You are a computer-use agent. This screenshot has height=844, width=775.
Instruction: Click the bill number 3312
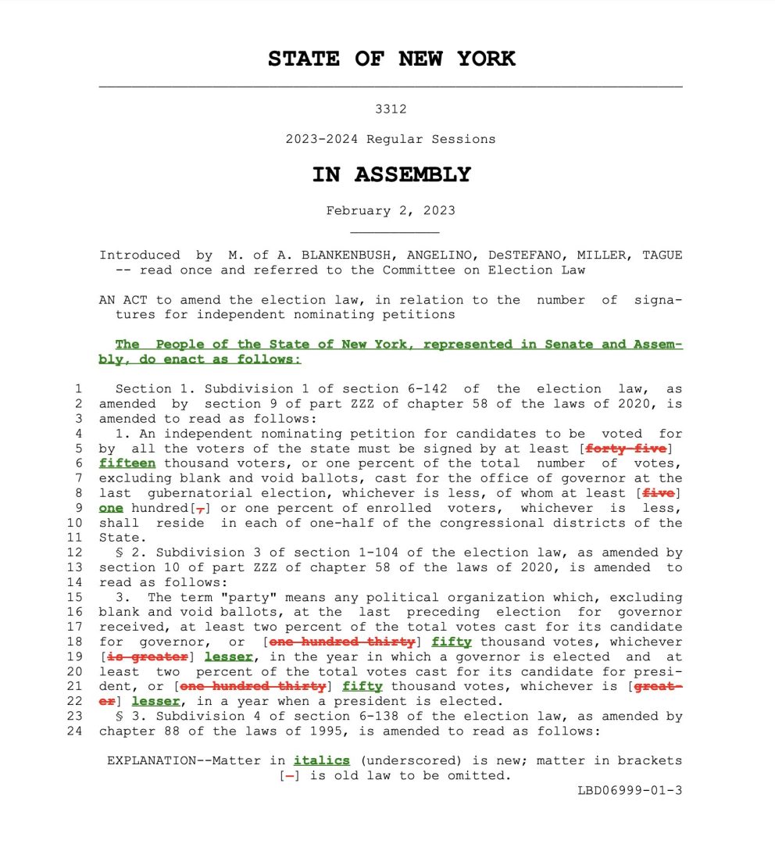point(391,109)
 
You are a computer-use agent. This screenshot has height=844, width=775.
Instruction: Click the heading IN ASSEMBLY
point(391,174)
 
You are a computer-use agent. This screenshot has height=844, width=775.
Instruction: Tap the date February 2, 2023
point(391,210)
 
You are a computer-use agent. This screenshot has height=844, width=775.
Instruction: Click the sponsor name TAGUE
point(662,255)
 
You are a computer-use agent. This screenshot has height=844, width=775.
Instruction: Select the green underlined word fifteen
point(127,463)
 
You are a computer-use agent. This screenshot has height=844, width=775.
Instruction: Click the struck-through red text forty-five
point(626,449)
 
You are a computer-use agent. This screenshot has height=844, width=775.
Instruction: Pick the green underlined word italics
point(322,760)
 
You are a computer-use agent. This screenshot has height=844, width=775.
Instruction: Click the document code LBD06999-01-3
point(630,790)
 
